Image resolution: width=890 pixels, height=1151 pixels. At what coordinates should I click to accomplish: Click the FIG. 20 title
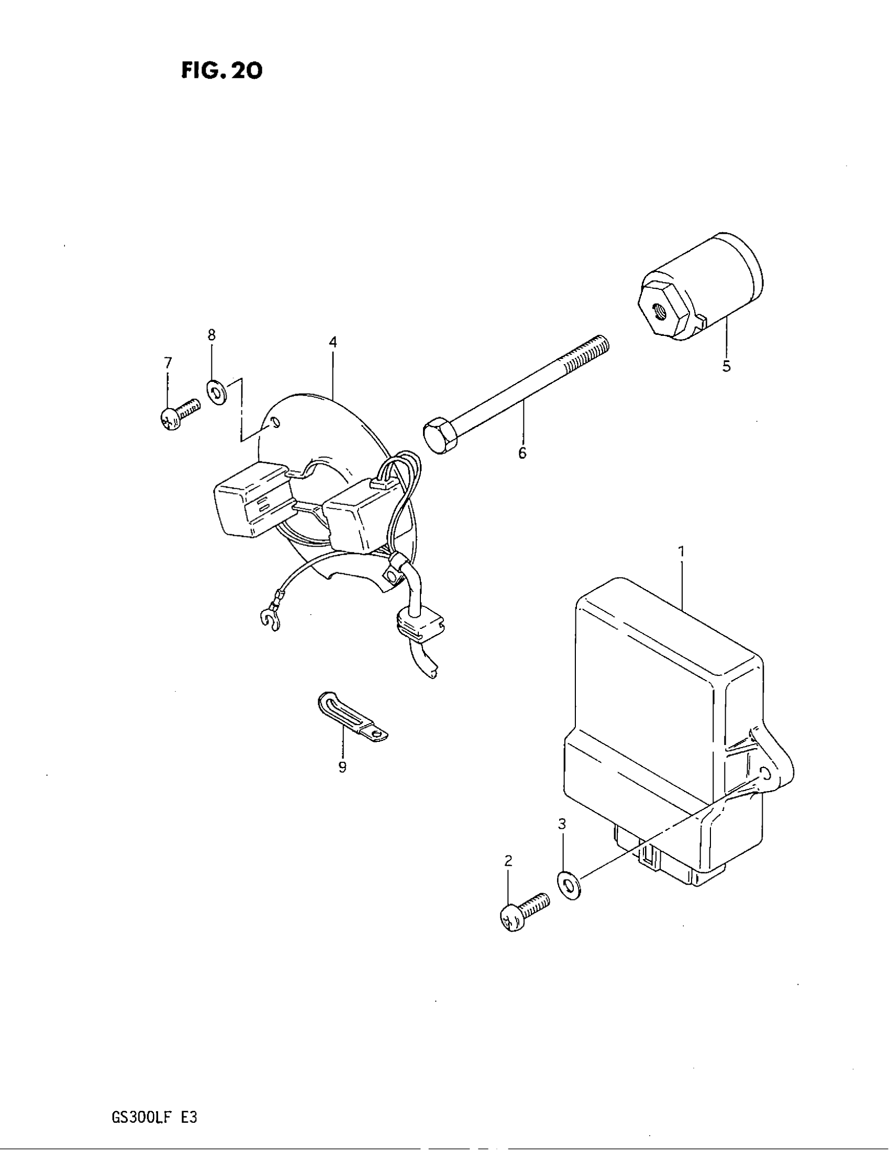221,71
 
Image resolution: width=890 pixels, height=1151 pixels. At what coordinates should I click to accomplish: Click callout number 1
681,552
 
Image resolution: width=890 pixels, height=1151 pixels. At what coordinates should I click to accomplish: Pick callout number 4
332,342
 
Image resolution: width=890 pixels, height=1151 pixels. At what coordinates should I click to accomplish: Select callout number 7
168,363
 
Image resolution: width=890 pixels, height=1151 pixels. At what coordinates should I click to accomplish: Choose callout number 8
212,335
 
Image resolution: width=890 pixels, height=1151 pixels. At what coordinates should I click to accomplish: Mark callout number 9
342,768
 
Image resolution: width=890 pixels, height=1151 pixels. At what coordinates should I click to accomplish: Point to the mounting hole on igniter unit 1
765,774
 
